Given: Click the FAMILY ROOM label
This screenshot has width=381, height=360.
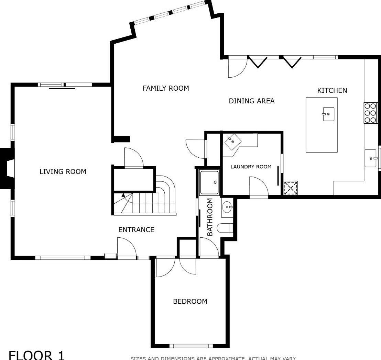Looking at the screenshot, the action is point(166,88).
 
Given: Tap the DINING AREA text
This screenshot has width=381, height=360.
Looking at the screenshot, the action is point(252,101).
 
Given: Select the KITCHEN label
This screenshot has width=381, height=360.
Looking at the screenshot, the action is point(332,91).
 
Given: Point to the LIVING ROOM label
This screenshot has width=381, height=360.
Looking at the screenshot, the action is point(63,172).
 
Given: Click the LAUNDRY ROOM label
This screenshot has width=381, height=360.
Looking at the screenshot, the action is point(251,167).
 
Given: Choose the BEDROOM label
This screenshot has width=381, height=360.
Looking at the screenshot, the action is point(190,302).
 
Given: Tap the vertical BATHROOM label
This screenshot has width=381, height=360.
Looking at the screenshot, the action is point(210,217).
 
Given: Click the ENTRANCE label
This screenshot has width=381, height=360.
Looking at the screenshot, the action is point(136,230).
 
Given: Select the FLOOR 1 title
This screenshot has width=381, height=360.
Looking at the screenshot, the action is point(36,355).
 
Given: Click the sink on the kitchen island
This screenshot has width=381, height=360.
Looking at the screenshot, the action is point(328,114).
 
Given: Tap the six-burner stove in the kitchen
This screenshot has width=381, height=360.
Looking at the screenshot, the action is point(371,113).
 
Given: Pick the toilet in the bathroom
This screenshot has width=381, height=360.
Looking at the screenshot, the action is point(225,228).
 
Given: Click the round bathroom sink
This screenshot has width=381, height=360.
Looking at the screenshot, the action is point(227,207).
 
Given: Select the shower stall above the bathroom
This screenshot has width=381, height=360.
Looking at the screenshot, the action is point(209,182).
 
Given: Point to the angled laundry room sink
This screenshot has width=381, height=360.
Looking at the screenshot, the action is point(233,141).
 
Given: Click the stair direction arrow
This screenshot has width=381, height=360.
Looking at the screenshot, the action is point(123,195).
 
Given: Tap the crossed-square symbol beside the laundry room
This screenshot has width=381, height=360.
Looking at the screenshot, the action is point(291,188).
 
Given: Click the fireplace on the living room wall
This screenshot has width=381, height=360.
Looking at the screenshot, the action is point(6,168).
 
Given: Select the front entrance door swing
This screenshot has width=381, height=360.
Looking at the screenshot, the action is point(127,246).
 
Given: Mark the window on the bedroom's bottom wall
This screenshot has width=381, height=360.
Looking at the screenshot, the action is point(191,346).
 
